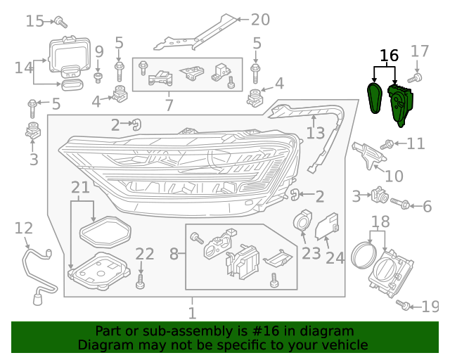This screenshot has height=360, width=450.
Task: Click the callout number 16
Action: [x=389, y=55]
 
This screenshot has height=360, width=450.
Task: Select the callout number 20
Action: [x=260, y=20]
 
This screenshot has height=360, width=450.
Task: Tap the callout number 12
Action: [x=23, y=228]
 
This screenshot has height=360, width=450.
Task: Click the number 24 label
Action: [x=335, y=258]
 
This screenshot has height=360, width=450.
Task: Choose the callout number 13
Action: [x=316, y=133]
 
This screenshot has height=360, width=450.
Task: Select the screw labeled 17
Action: [x=418, y=75]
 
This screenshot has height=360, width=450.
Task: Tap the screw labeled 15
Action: [x=61, y=22]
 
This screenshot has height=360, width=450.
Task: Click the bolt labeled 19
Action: [x=404, y=306]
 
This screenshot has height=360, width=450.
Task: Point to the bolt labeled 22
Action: [x=141, y=281]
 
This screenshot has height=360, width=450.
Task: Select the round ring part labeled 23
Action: [x=304, y=221]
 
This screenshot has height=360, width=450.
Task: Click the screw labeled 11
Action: [x=387, y=144]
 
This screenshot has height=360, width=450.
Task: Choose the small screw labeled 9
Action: [x=99, y=75]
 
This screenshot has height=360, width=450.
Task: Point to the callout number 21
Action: [x=81, y=188]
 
